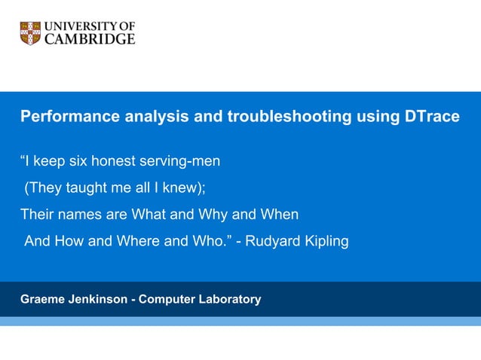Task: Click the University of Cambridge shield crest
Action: (x=30, y=33)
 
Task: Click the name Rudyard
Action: (x=270, y=242)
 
